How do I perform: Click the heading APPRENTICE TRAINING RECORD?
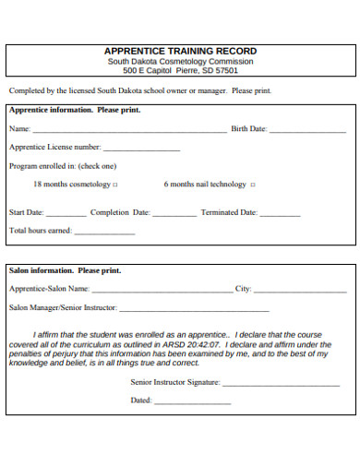[x=180, y=51]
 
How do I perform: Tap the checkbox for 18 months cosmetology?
[x=114, y=185]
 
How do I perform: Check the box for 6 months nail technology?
[x=253, y=185]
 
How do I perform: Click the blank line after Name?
[x=129, y=131]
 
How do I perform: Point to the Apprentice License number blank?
[x=141, y=149]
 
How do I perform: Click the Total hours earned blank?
[x=104, y=233]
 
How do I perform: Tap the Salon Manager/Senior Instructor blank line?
[x=194, y=309]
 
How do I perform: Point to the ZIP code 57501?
[x=223, y=70]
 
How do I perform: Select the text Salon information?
[x=41, y=271]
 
